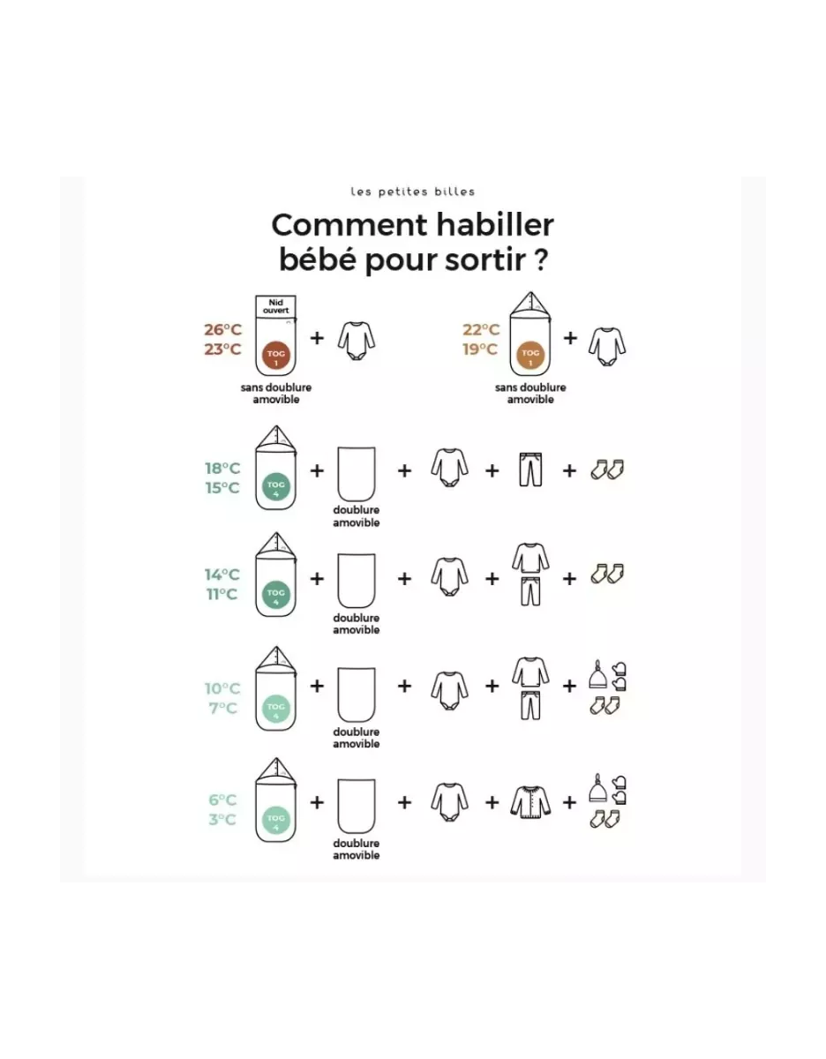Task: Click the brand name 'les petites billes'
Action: pos(413,192)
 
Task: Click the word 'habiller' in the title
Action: pos(494,225)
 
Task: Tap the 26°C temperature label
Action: pos(222,330)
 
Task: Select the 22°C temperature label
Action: pos(481,330)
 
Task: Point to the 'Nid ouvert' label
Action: pos(276,306)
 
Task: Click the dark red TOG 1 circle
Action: pos(276,356)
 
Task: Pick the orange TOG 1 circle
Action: pos(530,356)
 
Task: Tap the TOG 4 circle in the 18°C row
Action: pos(276,487)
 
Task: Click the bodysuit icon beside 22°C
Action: pos(607,347)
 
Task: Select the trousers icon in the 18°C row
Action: pos(530,469)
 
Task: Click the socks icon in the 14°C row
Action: pos(607,574)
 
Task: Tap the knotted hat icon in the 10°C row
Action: pos(597,674)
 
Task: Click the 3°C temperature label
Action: pos(222,820)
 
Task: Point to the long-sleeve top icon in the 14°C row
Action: pos(530,559)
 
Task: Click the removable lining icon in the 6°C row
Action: pos(357,806)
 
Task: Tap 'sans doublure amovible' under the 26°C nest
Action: pos(276,394)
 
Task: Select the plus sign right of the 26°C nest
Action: pos(317,338)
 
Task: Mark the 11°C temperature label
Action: pos(222,595)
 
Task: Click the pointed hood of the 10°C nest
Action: pos(276,661)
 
